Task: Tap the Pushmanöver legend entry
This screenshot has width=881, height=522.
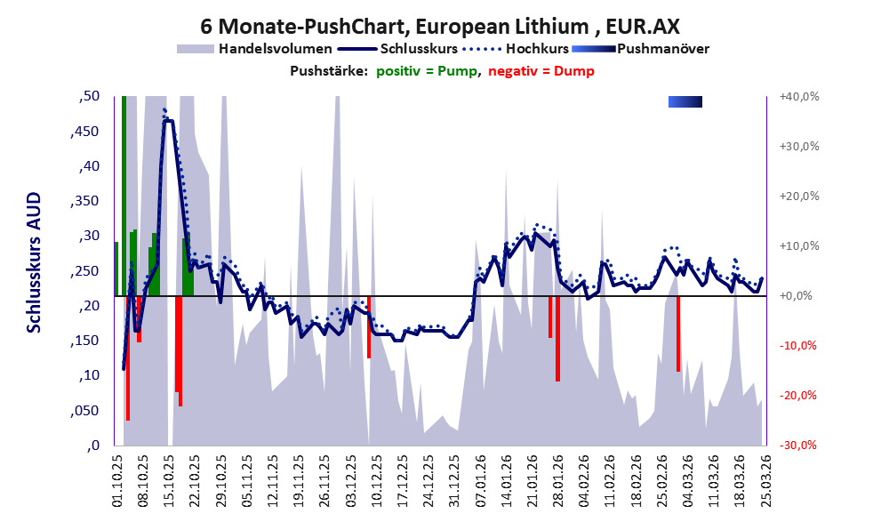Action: click(662, 49)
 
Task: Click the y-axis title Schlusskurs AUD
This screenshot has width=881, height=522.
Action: click(34, 262)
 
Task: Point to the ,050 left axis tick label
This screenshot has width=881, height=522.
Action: click(84, 410)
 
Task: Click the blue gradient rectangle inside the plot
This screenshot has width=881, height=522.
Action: click(685, 102)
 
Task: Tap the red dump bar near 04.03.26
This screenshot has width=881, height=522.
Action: click(678, 333)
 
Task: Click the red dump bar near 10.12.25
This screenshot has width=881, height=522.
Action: click(369, 327)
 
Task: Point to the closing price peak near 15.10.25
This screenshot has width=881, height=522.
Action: click(167, 120)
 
